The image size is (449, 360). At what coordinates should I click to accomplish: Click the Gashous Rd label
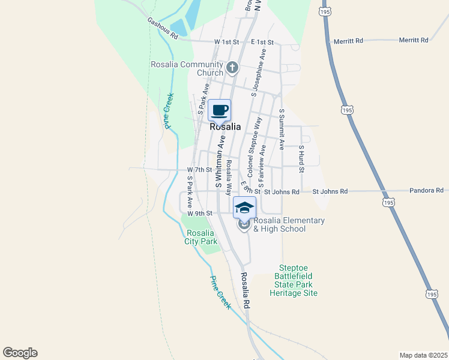[x=163, y=28]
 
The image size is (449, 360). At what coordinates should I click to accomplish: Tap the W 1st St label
[x=226, y=42]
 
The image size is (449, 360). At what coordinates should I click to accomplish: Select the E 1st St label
[x=262, y=42]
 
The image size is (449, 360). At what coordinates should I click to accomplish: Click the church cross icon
[x=233, y=69]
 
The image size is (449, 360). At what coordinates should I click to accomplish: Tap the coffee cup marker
[x=220, y=110]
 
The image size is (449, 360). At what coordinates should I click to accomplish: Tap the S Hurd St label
[x=301, y=158]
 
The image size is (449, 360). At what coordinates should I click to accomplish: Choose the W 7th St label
[x=200, y=170]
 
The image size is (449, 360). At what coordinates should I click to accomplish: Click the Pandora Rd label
[x=426, y=190]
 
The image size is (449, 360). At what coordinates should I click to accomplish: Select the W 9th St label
[x=200, y=213]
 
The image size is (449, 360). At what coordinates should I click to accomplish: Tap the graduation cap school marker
[x=244, y=208]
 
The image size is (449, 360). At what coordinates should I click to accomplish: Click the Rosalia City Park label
[x=200, y=238]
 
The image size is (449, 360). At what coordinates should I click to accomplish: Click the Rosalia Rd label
[x=245, y=291]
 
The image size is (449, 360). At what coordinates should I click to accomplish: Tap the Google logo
[x=20, y=353]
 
